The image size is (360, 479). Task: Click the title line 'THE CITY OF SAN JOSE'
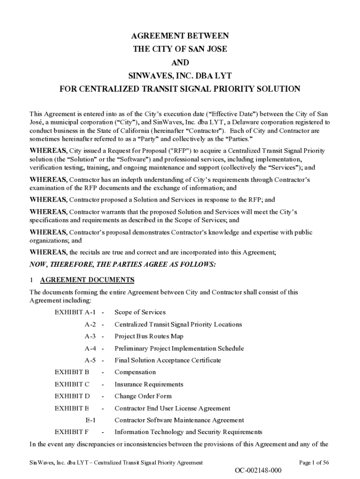pyautogui.click(x=180, y=49)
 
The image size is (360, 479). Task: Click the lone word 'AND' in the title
pyautogui.click(x=180, y=62)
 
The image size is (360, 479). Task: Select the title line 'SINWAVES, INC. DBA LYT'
pyautogui.click(x=180, y=75)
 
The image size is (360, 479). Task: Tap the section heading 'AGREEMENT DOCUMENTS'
pyautogui.click(x=87, y=280)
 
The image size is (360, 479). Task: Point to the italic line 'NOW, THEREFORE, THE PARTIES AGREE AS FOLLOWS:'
pyautogui.click(x=123, y=265)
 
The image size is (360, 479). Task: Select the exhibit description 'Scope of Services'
pyautogui.click(x=140, y=312)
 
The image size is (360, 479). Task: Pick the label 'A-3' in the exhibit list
pyautogui.click(x=90, y=336)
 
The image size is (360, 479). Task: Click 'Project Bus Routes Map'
pyautogui.click(x=149, y=336)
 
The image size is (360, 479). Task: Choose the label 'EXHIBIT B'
pyautogui.click(x=72, y=372)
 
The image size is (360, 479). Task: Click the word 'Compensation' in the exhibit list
pyautogui.click(x=135, y=372)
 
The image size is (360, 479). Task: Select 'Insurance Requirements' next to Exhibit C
pyautogui.click(x=149, y=385)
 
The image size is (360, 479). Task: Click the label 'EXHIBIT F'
pyautogui.click(x=72, y=432)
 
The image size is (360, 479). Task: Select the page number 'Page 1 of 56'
pyautogui.click(x=314, y=463)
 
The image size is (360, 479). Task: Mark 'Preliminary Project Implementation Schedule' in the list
pyautogui.click(x=179, y=348)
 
